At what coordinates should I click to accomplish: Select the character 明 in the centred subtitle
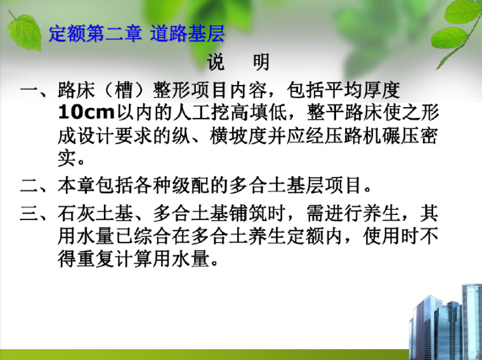tap(261, 62)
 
